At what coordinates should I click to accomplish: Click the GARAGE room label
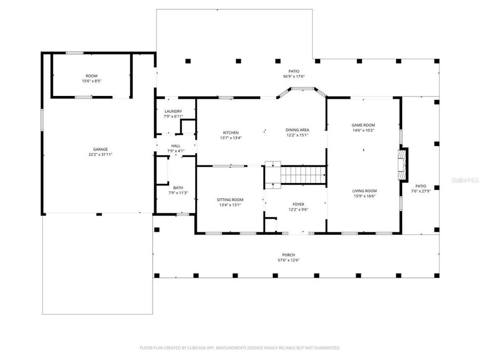[x=100, y=149]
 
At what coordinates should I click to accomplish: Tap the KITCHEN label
[x=230, y=133]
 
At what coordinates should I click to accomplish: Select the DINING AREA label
[x=297, y=130]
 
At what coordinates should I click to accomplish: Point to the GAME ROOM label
[x=363, y=125]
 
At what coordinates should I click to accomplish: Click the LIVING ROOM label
[x=364, y=191]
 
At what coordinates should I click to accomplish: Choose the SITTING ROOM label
[x=230, y=199]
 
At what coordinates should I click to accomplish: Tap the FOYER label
[x=298, y=204]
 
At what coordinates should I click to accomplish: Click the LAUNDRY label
[x=173, y=111]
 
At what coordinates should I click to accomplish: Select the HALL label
[x=176, y=146]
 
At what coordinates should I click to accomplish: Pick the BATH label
[x=178, y=188]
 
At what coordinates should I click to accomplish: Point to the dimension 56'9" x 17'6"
[x=294, y=76]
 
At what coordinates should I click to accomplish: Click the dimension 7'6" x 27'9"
[x=420, y=191]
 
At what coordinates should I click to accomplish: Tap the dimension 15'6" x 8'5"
[x=92, y=81]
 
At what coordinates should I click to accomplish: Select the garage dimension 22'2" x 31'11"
[x=100, y=155]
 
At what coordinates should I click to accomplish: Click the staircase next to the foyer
[x=303, y=174]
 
